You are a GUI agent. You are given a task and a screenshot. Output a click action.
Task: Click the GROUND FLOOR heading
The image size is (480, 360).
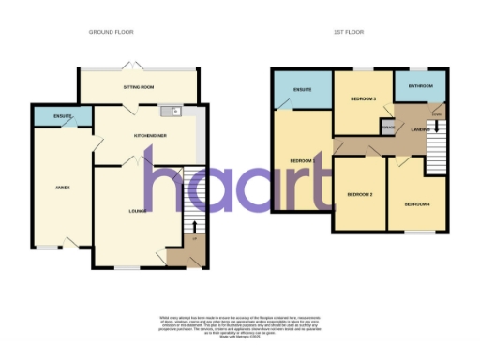click(x=112, y=32)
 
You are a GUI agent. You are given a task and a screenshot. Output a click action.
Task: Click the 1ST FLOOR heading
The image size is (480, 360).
click(x=350, y=32)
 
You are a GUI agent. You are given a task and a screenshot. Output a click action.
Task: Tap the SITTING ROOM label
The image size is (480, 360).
click(x=138, y=86)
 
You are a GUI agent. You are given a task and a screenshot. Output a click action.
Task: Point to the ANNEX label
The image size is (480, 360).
click(x=63, y=187)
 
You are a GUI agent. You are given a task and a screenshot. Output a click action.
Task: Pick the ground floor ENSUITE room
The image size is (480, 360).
click(x=63, y=116)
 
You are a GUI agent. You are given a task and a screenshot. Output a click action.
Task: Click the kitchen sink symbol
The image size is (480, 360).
click(x=173, y=112)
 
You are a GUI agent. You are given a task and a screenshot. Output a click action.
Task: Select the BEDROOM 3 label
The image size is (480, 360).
click(x=363, y=98)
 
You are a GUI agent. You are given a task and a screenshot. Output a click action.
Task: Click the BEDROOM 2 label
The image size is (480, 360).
click(x=360, y=194)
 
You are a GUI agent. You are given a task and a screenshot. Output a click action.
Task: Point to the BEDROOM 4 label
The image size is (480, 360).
click(x=417, y=203)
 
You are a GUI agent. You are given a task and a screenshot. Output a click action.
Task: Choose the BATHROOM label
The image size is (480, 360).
click(x=419, y=86)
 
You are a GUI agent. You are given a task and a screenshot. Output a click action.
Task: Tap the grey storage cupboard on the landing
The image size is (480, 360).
click(x=386, y=127)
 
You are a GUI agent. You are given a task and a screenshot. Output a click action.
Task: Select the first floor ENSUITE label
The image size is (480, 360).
click(x=301, y=90)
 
